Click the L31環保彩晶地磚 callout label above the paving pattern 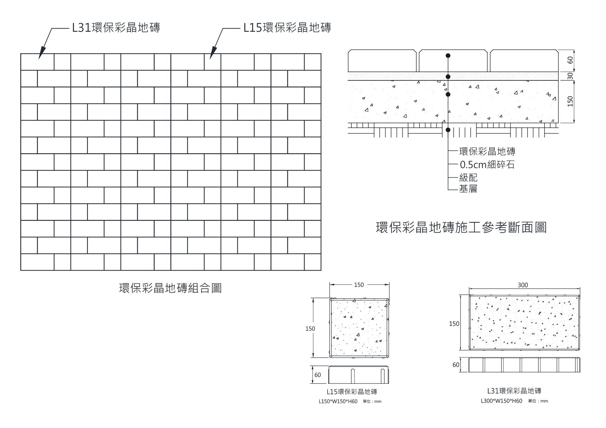coord(116,28)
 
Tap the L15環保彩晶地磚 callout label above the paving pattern coord(287,28)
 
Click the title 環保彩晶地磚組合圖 coord(170,288)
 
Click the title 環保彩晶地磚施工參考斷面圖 coord(461,228)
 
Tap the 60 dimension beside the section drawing coord(570,60)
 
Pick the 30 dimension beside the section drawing coord(570,76)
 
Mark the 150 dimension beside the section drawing coord(570,101)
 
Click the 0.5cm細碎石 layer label coord(487,165)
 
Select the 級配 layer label coord(468,178)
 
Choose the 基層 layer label coord(468,189)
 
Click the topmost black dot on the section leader coord(448,56)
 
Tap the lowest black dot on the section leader coord(448,130)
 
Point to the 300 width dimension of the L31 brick coord(523,285)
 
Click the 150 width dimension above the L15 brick coord(359,285)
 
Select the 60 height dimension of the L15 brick coord(318,375)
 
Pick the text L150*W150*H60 coord(338,401)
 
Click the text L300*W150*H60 coord(501,401)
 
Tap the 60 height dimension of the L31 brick coord(456,365)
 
